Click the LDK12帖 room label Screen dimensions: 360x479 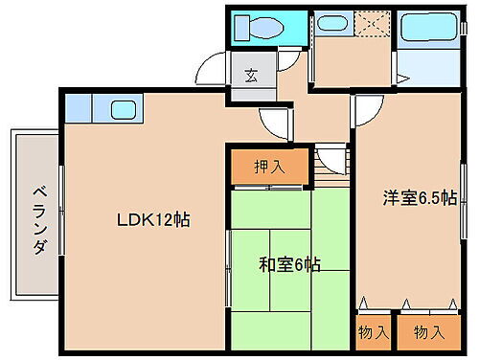pyautogui.click(x=152, y=219)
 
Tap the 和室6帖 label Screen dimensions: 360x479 pyautogui.click(x=289, y=263)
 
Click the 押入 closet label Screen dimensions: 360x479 pyautogui.click(x=269, y=167)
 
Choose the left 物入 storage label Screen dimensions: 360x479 pyautogui.click(x=373, y=332)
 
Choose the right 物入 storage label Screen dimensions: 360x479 pyautogui.click(x=427, y=332)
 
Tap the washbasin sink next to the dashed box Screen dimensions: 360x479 pyautogui.click(x=332, y=25)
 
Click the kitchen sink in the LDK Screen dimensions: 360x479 pyautogui.click(x=124, y=108)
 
